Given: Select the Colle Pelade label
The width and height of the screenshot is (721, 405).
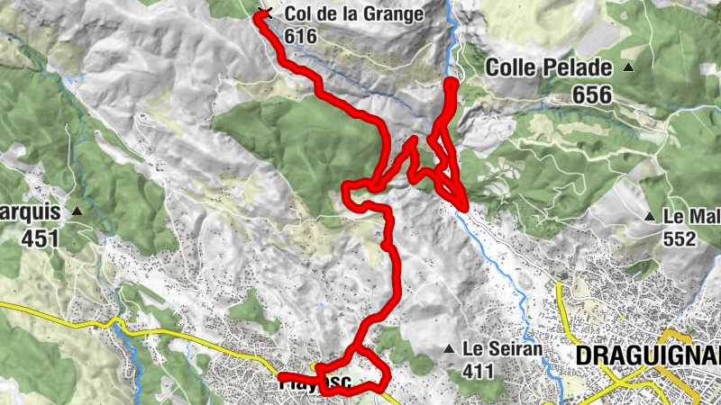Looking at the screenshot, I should [549, 68].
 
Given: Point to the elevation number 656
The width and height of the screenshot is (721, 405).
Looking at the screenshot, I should [591, 94].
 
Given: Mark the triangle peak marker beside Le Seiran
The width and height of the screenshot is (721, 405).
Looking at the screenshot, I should [448, 349].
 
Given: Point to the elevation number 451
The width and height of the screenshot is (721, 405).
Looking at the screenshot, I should [41, 238].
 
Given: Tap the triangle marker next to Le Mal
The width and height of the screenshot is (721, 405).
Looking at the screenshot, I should [650, 216].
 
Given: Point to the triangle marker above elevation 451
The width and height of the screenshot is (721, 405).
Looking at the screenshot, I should [78, 212].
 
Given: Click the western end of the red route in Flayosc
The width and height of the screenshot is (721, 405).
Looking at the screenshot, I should [281, 377].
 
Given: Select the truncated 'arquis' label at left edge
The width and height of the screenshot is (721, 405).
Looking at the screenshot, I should [30, 213].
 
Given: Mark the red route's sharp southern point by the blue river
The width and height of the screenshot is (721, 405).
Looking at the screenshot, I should [463, 208].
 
